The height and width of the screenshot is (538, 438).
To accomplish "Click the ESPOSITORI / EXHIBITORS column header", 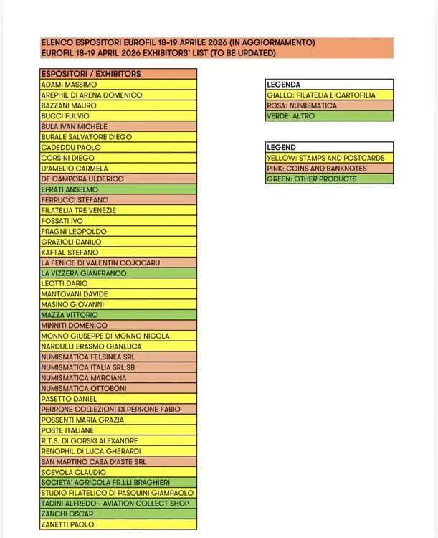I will (x=91, y=74).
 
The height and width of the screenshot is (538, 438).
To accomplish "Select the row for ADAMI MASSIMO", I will (x=69, y=85).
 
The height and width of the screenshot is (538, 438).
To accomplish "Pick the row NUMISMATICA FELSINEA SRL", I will (x=88, y=357).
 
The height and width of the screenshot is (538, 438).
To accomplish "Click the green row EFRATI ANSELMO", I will (x=70, y=189).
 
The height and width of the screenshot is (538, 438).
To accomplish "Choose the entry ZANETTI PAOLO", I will (x=67, y=524).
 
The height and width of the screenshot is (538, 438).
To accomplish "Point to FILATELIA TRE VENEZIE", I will (x=78, y=210).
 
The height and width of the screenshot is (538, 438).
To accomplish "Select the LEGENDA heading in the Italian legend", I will (x=283, y=85).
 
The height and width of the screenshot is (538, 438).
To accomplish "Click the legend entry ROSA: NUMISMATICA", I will (x=301, y=105).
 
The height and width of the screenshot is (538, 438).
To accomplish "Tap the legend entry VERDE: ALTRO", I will (x=290, y=116).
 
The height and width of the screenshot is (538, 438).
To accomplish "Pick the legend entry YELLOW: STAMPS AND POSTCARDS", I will (x=325, y=158).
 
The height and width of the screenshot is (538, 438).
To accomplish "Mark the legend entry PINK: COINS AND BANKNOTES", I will (x=316, y=169).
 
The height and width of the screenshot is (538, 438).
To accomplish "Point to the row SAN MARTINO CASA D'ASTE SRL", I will (x=94, y=462).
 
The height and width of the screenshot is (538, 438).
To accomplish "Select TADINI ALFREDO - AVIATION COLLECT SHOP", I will (x=115, y=504).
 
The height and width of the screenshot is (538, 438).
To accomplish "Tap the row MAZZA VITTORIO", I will (x=70, y=315).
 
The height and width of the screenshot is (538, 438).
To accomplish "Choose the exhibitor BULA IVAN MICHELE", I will (x=75, y=126).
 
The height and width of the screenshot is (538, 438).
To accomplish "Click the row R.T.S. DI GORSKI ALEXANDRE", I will (x=89, y=440).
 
